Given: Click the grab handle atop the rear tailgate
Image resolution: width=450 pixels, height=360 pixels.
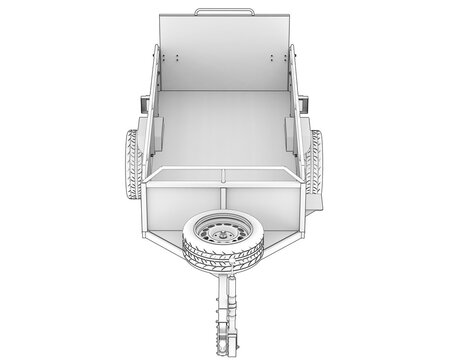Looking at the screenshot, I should (224, 11).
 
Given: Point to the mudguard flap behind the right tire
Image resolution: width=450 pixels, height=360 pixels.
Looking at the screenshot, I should (318, 201).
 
